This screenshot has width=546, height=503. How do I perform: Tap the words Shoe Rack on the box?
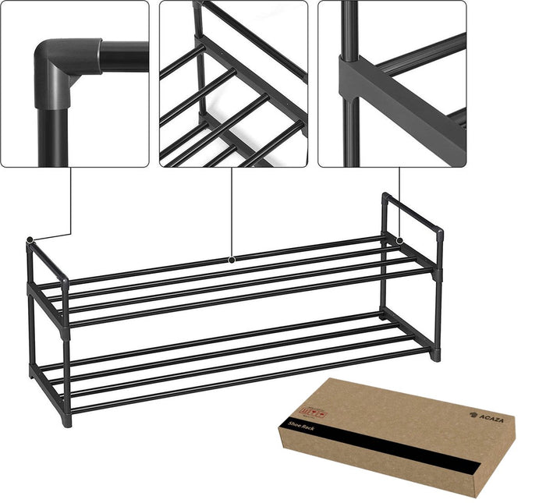coord(301,426)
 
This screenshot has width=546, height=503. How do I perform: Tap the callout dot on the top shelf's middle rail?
coord(232,258)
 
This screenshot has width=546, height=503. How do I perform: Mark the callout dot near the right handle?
coord(399,241)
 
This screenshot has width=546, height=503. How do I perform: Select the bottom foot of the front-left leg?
coord(68,422)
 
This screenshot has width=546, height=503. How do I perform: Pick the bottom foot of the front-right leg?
coord(435,356)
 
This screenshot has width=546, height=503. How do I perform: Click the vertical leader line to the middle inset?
coord(232,211)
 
